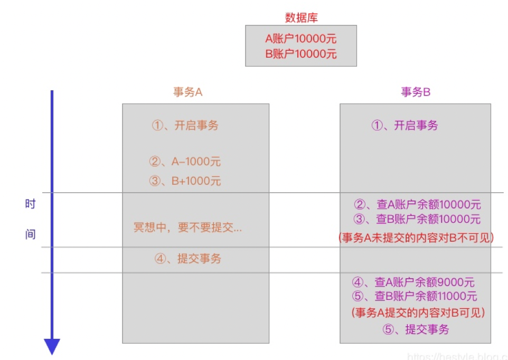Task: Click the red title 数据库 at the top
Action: point(301,18)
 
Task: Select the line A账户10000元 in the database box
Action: point(301,39)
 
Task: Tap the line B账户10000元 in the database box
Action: point(301,53)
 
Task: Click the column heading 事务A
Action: point(188,92)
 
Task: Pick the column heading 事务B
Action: point(416,92)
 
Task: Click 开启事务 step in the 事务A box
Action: point(185,125)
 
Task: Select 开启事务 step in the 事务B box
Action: point(405,125)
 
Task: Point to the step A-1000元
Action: point(185,162)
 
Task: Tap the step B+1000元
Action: point(185,181)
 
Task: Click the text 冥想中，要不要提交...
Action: point(187,229)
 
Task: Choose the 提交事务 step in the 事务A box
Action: point(188,259)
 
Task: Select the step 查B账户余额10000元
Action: point(417,219)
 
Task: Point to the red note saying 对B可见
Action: point(417,312)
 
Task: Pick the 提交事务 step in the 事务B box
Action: point(416,329)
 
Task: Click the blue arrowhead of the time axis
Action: point(52,346)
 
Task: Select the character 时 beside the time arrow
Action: point(31,204)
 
